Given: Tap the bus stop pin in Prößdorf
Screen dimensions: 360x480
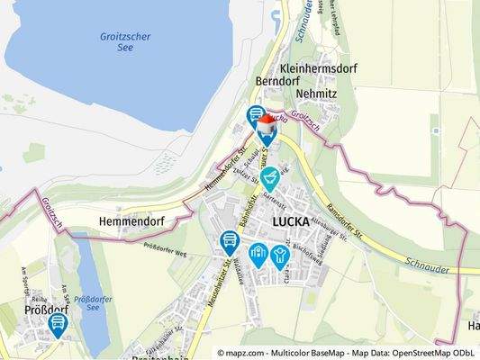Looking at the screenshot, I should [59, 323].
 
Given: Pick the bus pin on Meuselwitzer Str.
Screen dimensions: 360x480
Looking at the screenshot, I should [229, 240].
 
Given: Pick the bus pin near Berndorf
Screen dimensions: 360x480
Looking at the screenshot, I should [255, 115].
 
